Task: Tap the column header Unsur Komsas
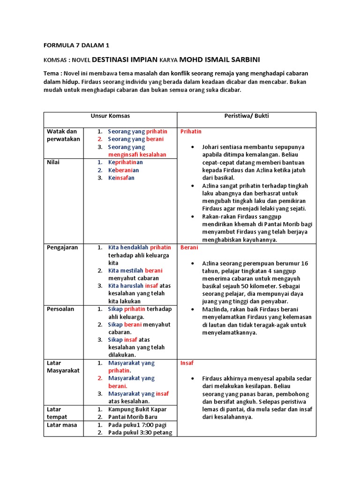coord(110,115)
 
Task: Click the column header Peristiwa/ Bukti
coord(246,115)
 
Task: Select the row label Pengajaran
coord(62,247)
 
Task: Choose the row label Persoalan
coord(60,309)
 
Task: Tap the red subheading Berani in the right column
coord(189,247)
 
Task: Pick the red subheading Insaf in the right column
coord(187,363)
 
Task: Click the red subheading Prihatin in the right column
coord(191,132)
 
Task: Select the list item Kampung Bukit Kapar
coord(137,409)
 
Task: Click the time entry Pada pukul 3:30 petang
coord(140,432)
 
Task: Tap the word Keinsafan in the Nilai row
coord(121,178)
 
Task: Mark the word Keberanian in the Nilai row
coord(123,170)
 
